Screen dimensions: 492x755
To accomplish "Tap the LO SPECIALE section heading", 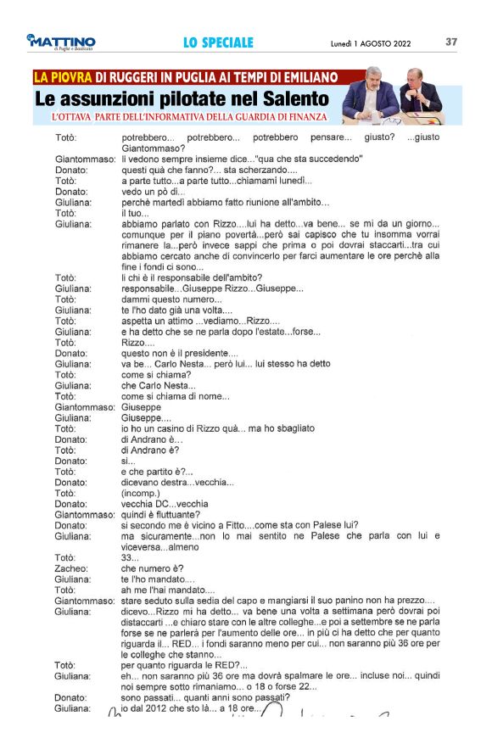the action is [x=218, y=42].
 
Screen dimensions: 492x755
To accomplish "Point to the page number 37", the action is [x=451, y=42].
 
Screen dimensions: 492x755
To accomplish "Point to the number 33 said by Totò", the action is [x=129, y=557].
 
